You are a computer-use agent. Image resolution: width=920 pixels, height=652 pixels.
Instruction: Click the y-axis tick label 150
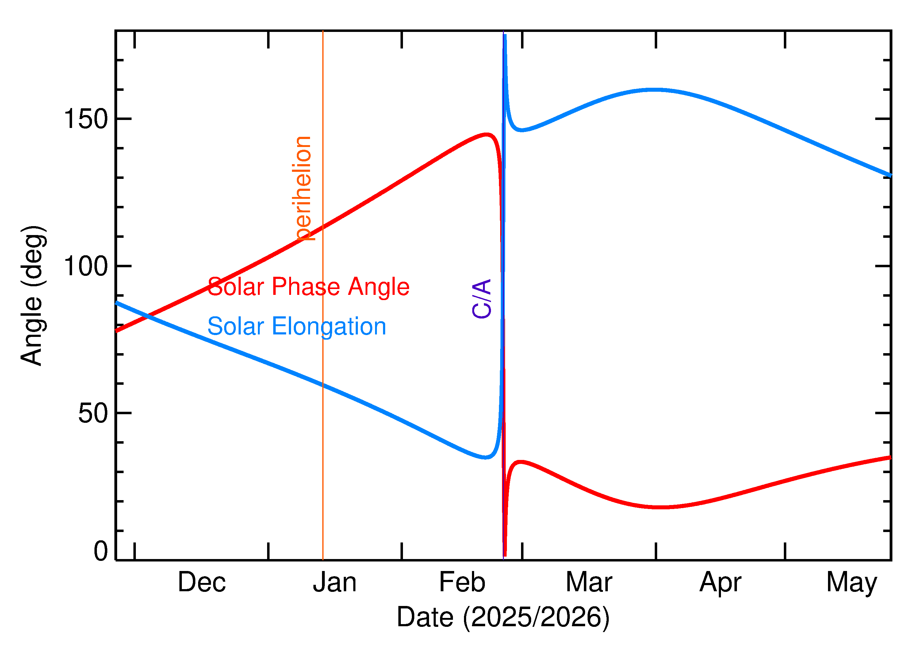coord(86,119)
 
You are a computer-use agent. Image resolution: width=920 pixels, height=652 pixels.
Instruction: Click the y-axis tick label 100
coord(86,266)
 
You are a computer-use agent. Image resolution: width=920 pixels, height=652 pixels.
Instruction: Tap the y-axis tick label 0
coord(101,551)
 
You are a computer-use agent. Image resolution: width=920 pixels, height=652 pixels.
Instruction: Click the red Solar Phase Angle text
coord(309,287)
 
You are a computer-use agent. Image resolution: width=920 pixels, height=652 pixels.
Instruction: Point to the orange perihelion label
coord(303,189)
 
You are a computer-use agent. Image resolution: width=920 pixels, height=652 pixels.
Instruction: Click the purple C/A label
coord(482,299)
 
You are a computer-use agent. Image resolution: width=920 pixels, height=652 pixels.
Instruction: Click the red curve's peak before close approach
coord(487,134)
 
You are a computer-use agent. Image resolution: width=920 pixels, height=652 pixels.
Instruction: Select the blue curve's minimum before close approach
coord(485,457)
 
